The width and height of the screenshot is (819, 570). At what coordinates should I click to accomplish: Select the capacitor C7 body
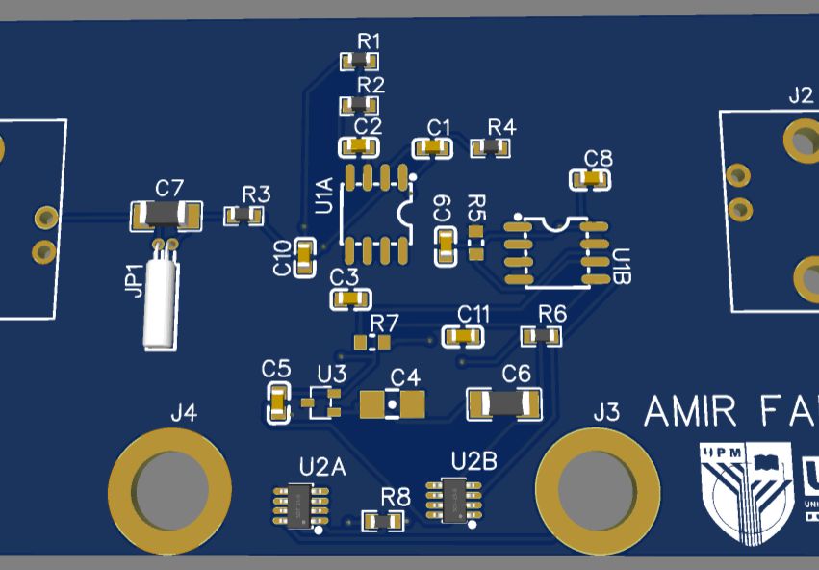click(165, 216)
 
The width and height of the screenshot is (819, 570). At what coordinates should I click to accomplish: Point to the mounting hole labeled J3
click(597, 489)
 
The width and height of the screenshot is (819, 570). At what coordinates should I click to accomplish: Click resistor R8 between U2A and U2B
click(383, 521)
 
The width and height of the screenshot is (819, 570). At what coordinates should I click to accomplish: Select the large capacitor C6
click(503, 403)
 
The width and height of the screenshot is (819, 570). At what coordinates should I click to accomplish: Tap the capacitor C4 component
click(392, 404)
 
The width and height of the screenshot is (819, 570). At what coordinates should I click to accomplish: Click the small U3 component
click(322, 402)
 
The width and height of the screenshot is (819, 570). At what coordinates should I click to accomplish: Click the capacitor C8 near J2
click(591, 179)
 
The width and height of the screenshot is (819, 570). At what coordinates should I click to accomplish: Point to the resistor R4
click(490, 147)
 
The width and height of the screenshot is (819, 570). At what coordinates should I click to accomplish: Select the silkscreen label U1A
click(324, 195)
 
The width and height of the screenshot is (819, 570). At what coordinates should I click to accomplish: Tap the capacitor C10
click(305, 257)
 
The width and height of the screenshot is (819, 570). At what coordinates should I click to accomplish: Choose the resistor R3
click(244, 216)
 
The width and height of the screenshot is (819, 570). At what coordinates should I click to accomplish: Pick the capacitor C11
click(462, 336)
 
